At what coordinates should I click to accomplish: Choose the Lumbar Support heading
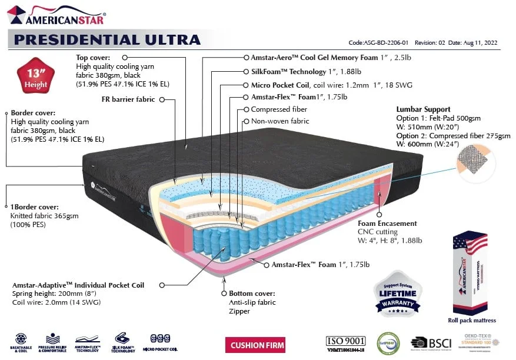tap(423, 109)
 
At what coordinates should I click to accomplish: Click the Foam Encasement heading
tap(387, 224)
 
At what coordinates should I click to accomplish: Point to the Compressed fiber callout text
tap(279, 109)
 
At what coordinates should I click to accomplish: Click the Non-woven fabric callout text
tap(279, 121)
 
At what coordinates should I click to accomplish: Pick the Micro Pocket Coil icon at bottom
tap(161, 342)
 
